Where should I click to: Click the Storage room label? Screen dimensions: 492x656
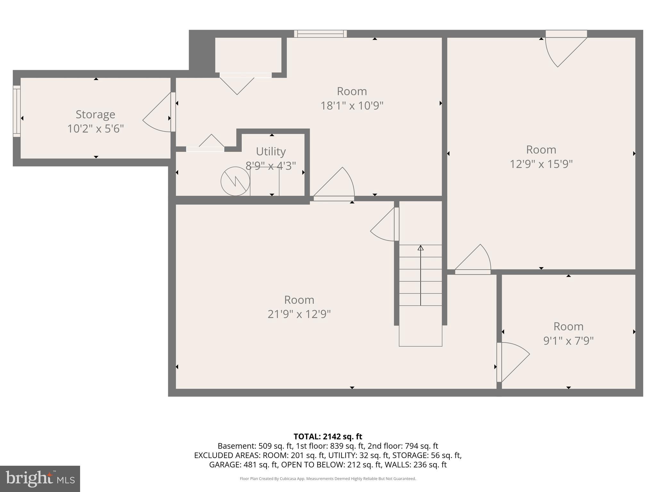click(95, 114)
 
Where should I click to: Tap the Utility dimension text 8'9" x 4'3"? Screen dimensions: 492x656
click(271, 166)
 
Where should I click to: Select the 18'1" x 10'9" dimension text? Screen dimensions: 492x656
click(352, 105)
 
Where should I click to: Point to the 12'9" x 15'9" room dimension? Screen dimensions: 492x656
click(541, 164)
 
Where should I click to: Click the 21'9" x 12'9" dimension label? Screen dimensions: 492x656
click(299, 314)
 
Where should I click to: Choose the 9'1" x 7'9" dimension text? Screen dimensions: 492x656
click(568, 340)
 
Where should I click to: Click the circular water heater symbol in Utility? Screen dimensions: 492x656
click(235, 181)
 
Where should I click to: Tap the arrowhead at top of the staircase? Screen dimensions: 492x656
click(421, 248)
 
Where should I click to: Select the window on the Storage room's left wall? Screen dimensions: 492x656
click(17, 111)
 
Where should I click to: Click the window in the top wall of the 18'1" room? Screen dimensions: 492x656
click(320, 34)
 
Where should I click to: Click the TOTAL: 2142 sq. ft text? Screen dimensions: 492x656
click(328, 436)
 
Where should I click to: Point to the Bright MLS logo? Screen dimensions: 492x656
click(40, 479)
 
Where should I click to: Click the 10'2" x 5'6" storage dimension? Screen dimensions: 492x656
click(95, 129)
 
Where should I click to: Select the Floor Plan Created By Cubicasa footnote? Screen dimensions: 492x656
click(328, 479)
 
